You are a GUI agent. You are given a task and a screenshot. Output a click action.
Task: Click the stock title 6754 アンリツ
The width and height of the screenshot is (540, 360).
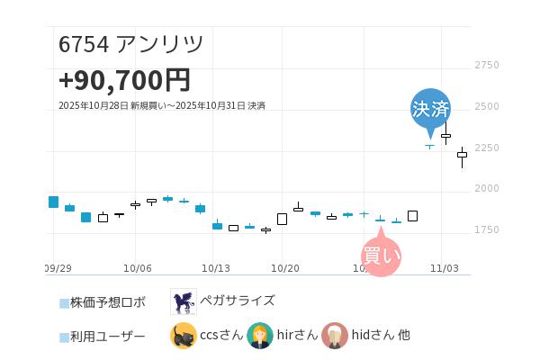click(x=131, y=44)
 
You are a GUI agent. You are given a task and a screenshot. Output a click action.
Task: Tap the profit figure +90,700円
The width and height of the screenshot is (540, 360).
click(x=124, y=80)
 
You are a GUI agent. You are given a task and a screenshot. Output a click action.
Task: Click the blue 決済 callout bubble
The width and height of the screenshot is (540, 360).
click(x=430, y=109)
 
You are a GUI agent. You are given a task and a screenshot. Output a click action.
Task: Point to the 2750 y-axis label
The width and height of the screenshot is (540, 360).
click(x=486, y=66)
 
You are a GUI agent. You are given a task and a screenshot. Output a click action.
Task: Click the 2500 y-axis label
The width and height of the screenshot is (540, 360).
click(x=486, y=106)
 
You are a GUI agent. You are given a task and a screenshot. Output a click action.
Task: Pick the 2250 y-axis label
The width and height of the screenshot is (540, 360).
click(x=486, y=148)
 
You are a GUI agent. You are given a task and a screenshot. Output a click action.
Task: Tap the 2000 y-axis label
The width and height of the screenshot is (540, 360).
click(x=486, y=189)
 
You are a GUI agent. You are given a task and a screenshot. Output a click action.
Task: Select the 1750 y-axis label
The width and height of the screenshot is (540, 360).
click(x=486, y=230)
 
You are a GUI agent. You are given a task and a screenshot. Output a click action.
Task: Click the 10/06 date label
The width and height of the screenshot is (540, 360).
click(x=137, y=268)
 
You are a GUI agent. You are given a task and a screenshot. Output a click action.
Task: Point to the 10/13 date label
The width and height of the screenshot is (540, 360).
click(x=216, y=268)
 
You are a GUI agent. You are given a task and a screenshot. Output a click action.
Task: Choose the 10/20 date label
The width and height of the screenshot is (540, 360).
click(x=284, y=268)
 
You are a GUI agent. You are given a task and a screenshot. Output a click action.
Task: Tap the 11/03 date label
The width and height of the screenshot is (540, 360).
click(x=445, y=268)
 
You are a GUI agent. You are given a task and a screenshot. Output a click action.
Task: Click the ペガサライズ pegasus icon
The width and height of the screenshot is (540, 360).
click(x=184, y=301)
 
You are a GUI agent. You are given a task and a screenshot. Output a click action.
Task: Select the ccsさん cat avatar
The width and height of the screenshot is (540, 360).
click(x=184, y=336)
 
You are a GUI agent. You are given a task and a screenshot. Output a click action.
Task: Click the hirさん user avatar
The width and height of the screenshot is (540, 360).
click(x=259, y=336)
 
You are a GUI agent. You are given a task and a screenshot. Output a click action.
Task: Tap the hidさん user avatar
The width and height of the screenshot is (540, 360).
click(x=335, y=336)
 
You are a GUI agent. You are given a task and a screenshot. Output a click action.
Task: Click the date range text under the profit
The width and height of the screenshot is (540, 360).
click(x=162, y=106)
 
